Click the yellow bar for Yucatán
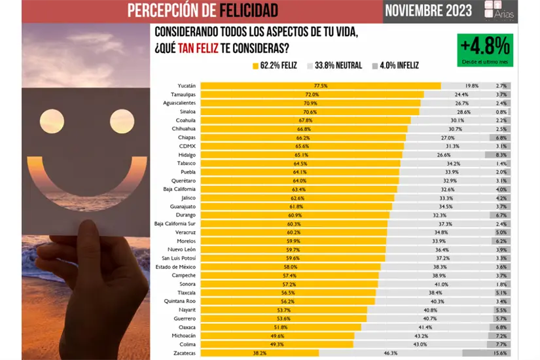(320, 86)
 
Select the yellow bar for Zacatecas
(259, 353)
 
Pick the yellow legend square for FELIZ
(255, 65)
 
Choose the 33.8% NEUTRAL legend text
(338, 65)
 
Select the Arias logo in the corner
(499, 10)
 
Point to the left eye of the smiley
(51, 121)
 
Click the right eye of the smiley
(122, 121)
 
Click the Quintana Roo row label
(179, 301)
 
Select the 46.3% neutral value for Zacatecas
(391, 353)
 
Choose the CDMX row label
(188, 146)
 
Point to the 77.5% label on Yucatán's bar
(320, 86)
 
